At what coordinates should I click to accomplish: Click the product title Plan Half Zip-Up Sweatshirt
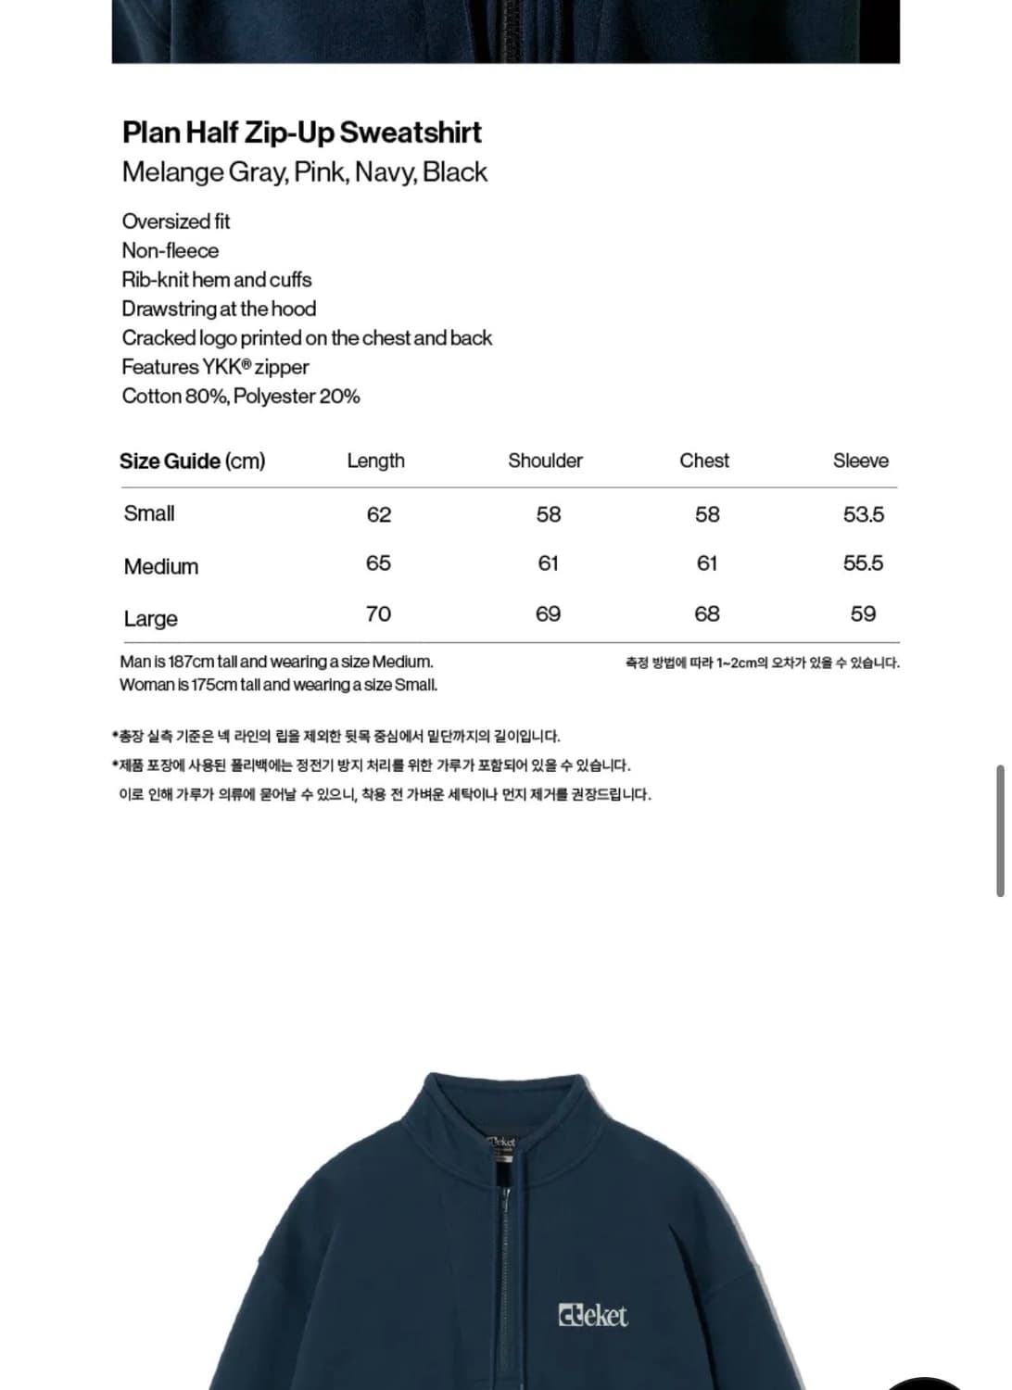(x=301, y=133)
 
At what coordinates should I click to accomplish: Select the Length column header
(x=375, y=461)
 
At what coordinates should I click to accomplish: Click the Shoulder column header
(x=545, y=461)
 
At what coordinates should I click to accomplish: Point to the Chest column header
(x=704, y=461)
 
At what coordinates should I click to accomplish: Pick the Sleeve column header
(x=860, y=461)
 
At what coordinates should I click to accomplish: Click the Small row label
(x=149, y=513)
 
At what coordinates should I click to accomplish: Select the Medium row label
(x=161, y=566)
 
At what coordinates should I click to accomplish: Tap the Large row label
(x=151, y=618)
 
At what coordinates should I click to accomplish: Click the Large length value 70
(x=378, y=613)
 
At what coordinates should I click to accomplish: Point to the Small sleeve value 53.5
(x=863, y=514)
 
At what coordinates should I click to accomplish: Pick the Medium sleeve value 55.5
(x=863, y=562)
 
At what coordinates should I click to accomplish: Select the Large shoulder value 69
(x=548, y=613)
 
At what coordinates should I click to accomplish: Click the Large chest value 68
(x=707, y=613)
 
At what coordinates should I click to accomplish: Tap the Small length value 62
(x=378, y=514)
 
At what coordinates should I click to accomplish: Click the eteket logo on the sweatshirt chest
(x=592, y=1315)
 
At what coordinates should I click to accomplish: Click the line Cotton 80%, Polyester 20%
(x=241, y=396)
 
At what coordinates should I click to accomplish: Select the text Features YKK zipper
(x=215, y=367)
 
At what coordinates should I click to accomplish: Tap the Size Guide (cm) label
(x=192, y=461)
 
